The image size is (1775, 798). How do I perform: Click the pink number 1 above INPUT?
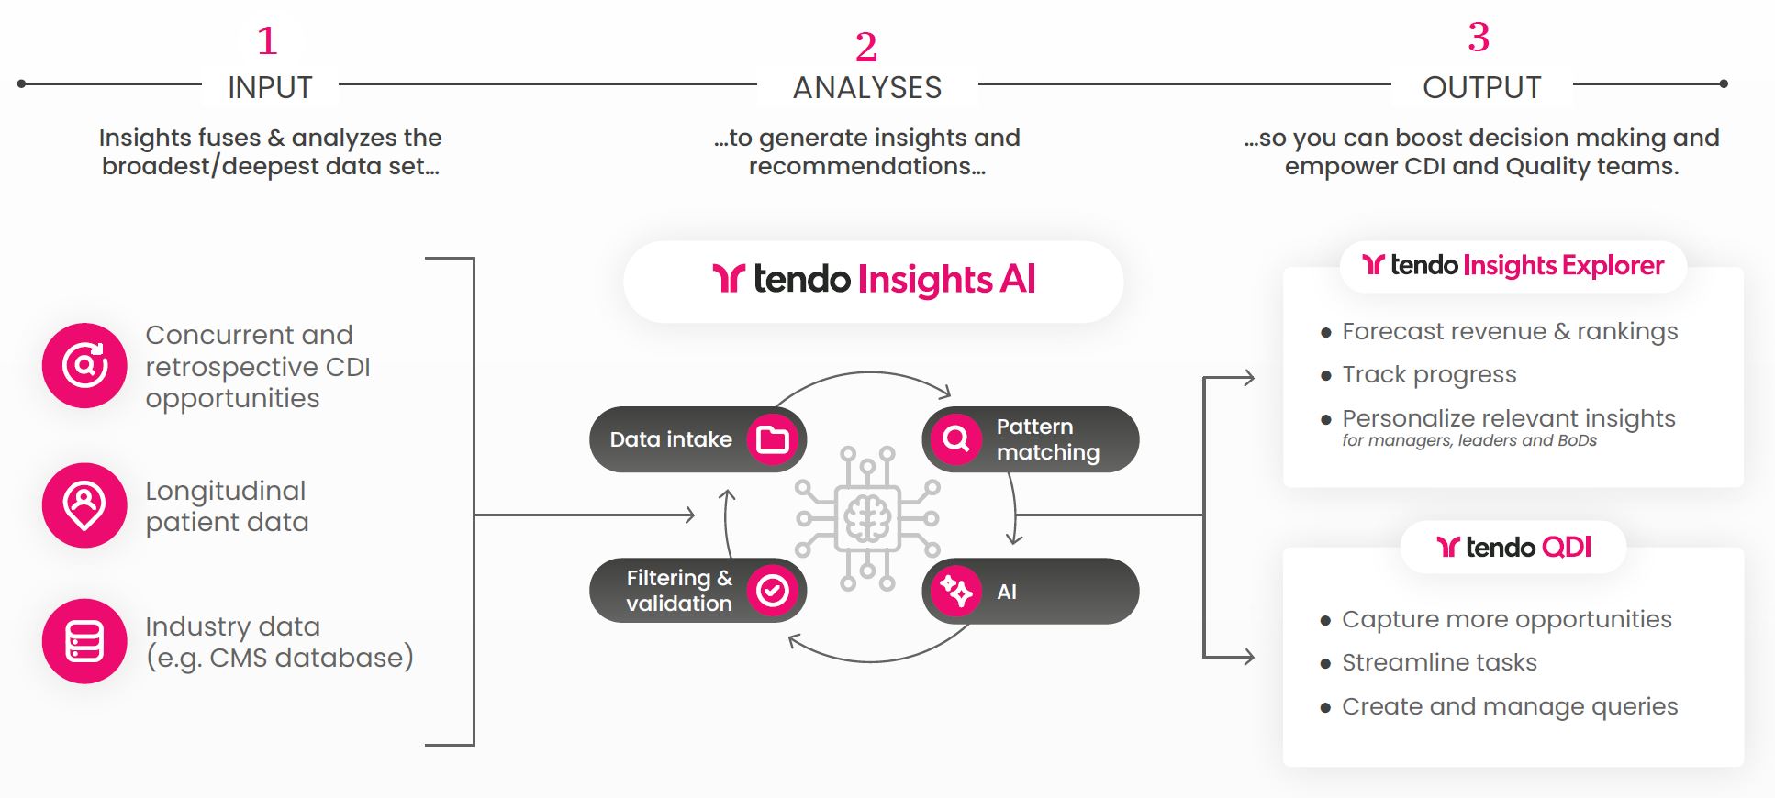click(267, 41)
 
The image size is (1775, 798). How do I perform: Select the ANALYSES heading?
click(867, 88)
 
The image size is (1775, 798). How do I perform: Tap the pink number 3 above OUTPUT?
click(1479, 38)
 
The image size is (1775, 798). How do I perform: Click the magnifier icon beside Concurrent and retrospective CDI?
click(84, 365)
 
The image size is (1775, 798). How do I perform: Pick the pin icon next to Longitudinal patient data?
click(84, 504)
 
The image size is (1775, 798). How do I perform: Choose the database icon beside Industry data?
click(84, 641)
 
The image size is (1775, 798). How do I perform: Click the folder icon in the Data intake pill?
click(773, 440)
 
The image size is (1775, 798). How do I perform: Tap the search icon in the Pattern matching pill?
click(956, 439)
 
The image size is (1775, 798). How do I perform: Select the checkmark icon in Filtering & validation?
click(773, 591)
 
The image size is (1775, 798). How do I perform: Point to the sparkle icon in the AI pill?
click(956, 591)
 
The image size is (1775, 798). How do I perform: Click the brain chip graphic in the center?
click(867, 518)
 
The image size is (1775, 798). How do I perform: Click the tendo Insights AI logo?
click(874, 280)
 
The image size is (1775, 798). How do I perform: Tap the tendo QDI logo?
click(1513, 548)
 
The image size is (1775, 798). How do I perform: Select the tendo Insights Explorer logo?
click(1513, 266)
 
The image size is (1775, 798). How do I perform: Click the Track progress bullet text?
click(1429, 375)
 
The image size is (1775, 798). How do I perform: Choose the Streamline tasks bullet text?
click(1439, 663)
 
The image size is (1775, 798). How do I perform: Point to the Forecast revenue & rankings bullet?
click(1510, 332)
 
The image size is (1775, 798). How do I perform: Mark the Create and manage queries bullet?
click(1510, 707)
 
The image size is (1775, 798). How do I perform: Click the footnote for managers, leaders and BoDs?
click(1468, 441)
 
